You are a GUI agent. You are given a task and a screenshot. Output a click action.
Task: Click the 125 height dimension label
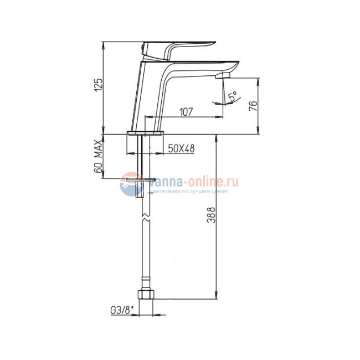[x=99, y=85]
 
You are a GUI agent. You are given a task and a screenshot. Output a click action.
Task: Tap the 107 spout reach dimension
[x=186, y=112]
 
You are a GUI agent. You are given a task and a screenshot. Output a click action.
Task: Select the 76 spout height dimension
[x=253, y=106]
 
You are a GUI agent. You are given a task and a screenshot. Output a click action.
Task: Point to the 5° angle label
[x=233, y=96]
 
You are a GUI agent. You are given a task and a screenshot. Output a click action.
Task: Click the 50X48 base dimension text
[x=181, y=148]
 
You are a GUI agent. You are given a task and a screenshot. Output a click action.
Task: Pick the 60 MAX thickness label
[x=98, y=156]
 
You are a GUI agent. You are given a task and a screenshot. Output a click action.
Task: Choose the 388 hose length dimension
[x=211, y=215]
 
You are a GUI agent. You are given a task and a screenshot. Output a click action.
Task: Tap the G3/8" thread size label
[x=122, y=310]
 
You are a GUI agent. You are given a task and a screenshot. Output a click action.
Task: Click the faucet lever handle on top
[x=177, y=50]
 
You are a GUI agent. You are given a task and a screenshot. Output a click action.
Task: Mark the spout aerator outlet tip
[x=223, y=76]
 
